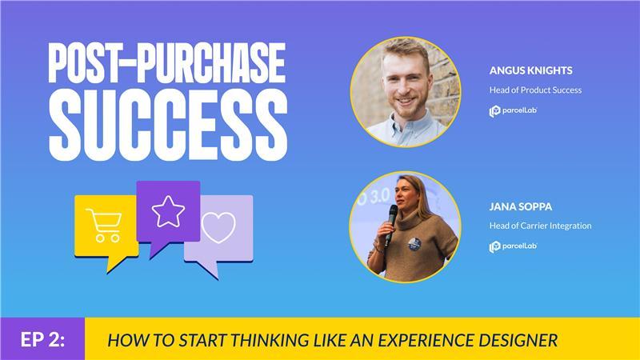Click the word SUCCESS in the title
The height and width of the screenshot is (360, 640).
pos(168,125)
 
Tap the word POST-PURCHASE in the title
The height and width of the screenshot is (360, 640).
pos(166,62)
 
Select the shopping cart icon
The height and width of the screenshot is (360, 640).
pos(104,225)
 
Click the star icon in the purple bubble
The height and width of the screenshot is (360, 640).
pos(168,211)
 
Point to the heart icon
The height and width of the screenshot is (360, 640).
pos(218,227)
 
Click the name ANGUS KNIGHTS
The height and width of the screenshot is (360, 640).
pos(530,70)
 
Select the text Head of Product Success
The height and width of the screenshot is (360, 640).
pos(535,90)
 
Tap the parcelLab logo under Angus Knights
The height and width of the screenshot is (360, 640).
pos(513,111)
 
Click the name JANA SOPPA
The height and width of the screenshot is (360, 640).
pos(521,206)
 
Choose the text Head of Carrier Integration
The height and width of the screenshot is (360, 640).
pos(541,226)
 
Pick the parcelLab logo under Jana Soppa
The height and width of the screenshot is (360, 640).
pos(513,246)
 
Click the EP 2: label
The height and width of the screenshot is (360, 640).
pos(42,339)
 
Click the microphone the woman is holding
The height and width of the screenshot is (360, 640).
pos(390,224)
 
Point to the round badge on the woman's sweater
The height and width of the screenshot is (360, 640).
pos(414,244)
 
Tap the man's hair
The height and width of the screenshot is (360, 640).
pos(405,51)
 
